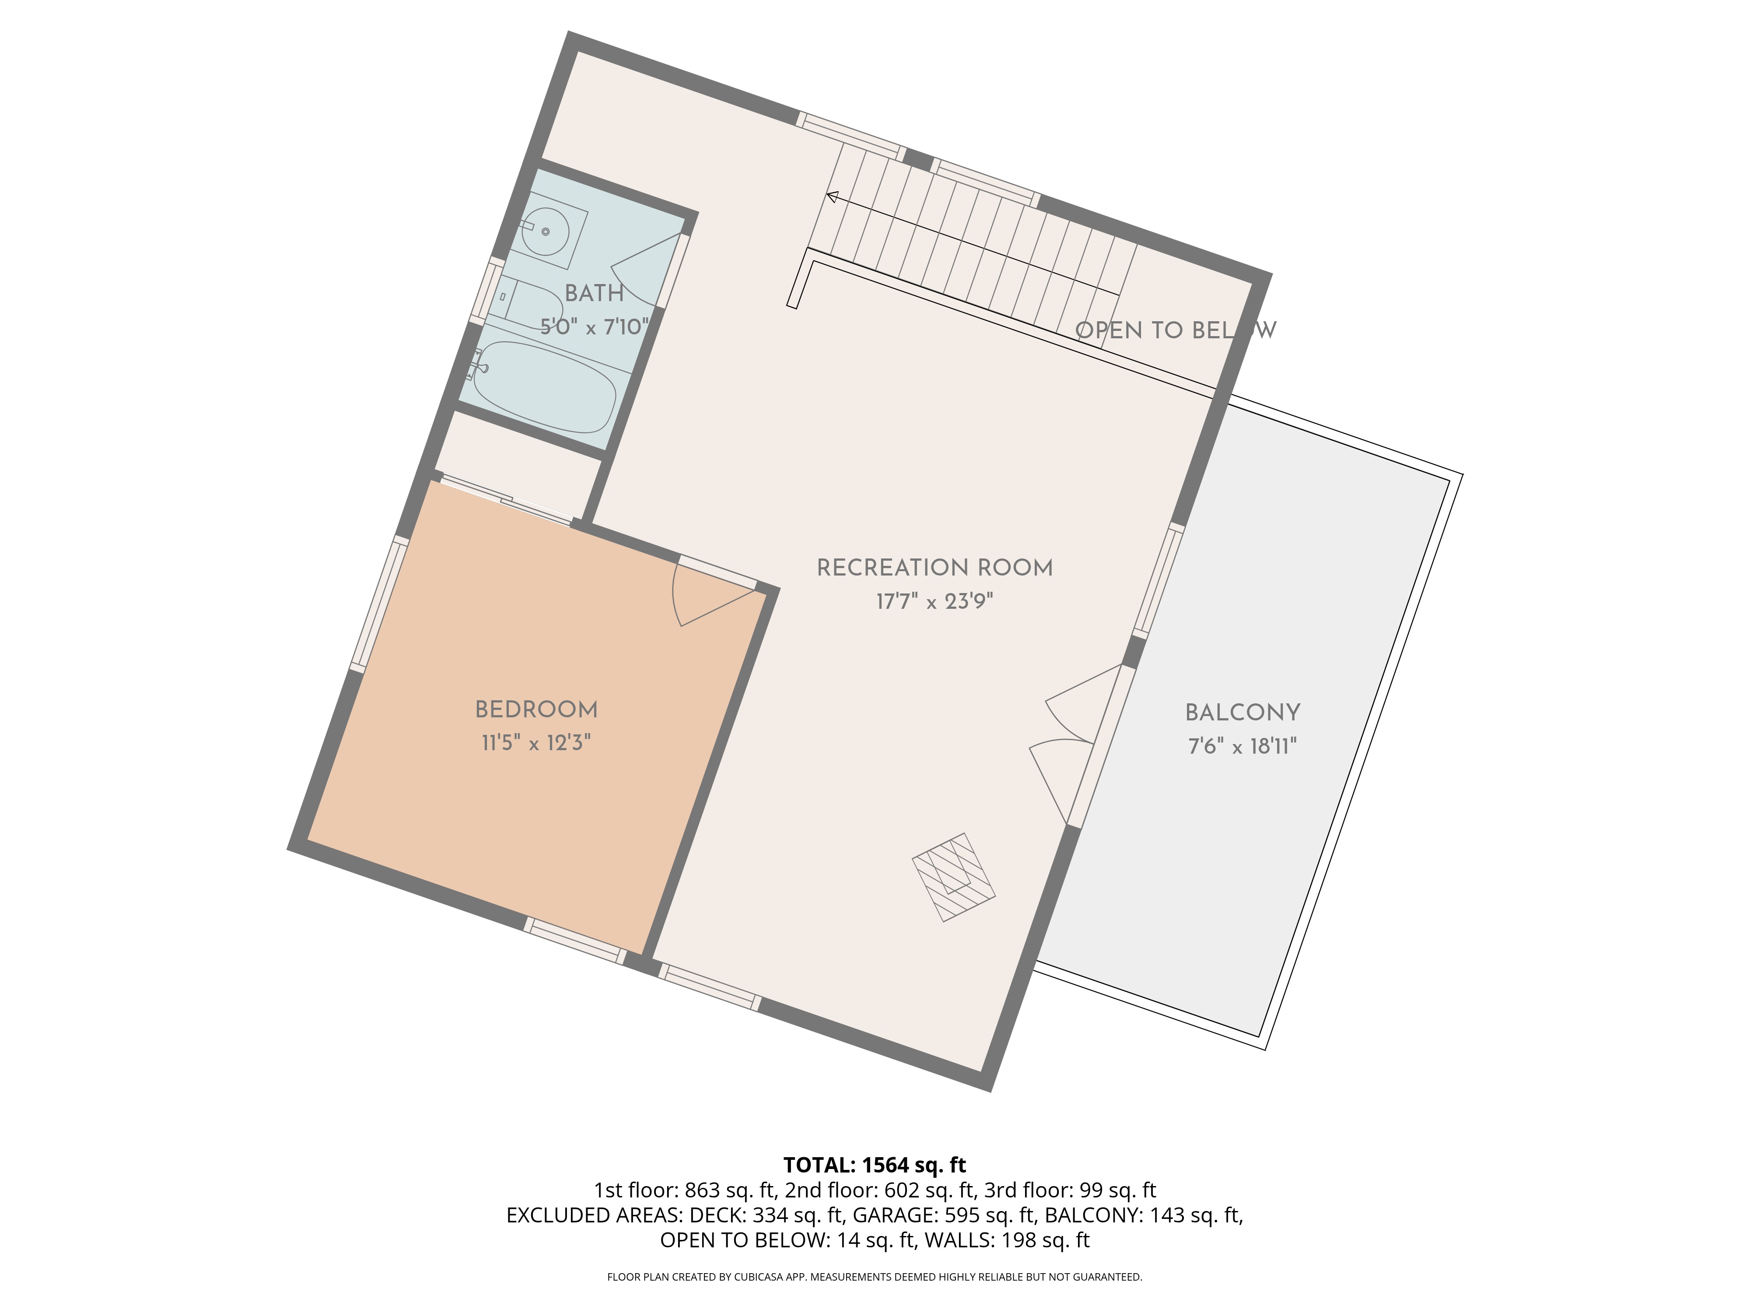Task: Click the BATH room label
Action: pyautogui.click(x=594, y=294)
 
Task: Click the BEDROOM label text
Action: pyautogui.click(x=536, y=710)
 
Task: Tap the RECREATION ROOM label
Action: pyautogui.click(x=934, y=568)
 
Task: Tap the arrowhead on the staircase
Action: pyautogui.click(x=832, y=196)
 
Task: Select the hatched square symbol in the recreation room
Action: pyautogui.click(x=953, y=877)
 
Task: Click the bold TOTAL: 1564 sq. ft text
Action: pyautogui.click(x=874, y=1165)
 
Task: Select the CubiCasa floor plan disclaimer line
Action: pyautogui.click(x=874, y=1277)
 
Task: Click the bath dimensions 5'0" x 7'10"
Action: pyautogui.click(x=594, y=327)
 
